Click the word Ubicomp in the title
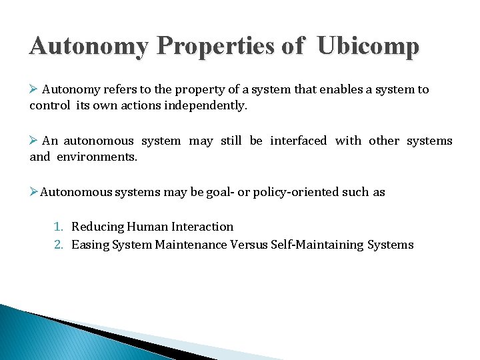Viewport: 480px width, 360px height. click(x=368, y=46)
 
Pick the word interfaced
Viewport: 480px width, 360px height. click(x=298, y=141)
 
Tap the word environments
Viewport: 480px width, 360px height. click(x=97, y=157)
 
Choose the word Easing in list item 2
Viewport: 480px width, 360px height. click(x=89, y=245)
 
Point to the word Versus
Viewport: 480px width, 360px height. click(x=249, y=245)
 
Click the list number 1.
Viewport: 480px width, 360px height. click(x=59, y=227)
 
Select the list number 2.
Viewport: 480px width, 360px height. click(x=59, y=245)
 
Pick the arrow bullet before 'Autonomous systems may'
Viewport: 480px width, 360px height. click(x=34, y=192)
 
